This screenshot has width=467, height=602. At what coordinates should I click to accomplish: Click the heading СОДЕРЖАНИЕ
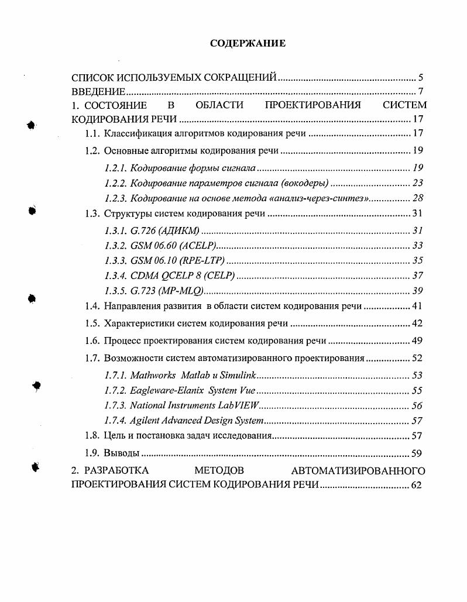coord(248,43)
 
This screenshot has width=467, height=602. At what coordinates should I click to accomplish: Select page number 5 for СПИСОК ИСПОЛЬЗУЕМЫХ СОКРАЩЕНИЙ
coord(421,77)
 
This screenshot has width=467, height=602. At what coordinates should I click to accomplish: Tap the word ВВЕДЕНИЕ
coord(98,92)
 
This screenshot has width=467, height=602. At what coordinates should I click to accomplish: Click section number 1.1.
coord(92,133)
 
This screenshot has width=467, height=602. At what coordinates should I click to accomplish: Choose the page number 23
coord(417,183)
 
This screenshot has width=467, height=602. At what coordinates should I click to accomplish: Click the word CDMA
coord(144,276)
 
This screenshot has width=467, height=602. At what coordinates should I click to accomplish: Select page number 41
coord(417,305)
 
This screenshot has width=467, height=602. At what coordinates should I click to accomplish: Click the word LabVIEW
coord(241,405)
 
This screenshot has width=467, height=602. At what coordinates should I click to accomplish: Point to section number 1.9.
coord(92,453)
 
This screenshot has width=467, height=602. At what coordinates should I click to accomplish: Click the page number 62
coord(417,484)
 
